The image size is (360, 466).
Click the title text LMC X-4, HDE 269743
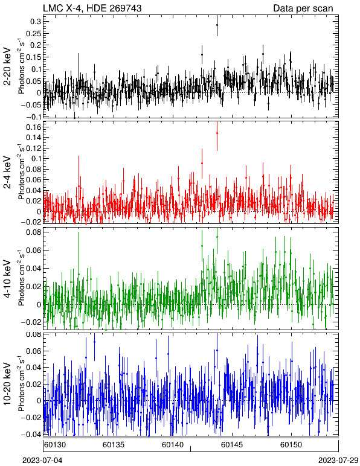coord(92,8)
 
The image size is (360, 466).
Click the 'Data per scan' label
coord(303,8)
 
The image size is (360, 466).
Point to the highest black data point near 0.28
coord(217,25)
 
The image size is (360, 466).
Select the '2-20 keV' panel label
coord(7,66)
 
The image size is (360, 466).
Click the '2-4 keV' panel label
coord(7,173)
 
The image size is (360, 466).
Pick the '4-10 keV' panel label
coord(7,279)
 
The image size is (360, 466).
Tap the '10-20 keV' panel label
coord(7,384)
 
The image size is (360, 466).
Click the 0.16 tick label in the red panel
coord(33,127)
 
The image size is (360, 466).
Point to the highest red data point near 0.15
coord(217,133)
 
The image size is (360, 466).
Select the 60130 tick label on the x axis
coord(55,445)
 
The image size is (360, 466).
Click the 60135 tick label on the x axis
coord(114,445)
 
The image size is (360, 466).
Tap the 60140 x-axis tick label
coord(173,445)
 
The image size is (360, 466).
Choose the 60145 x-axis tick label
coord(232,445)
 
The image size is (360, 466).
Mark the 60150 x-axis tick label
coord(291,445)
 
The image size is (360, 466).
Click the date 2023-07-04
coord(42,461)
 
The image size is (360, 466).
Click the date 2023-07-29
coord(338,461)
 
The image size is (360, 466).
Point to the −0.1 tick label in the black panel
coord(33,116)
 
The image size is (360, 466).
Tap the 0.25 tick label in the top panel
coord(33,33)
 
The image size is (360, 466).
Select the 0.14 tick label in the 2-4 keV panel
coord(33,138)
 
